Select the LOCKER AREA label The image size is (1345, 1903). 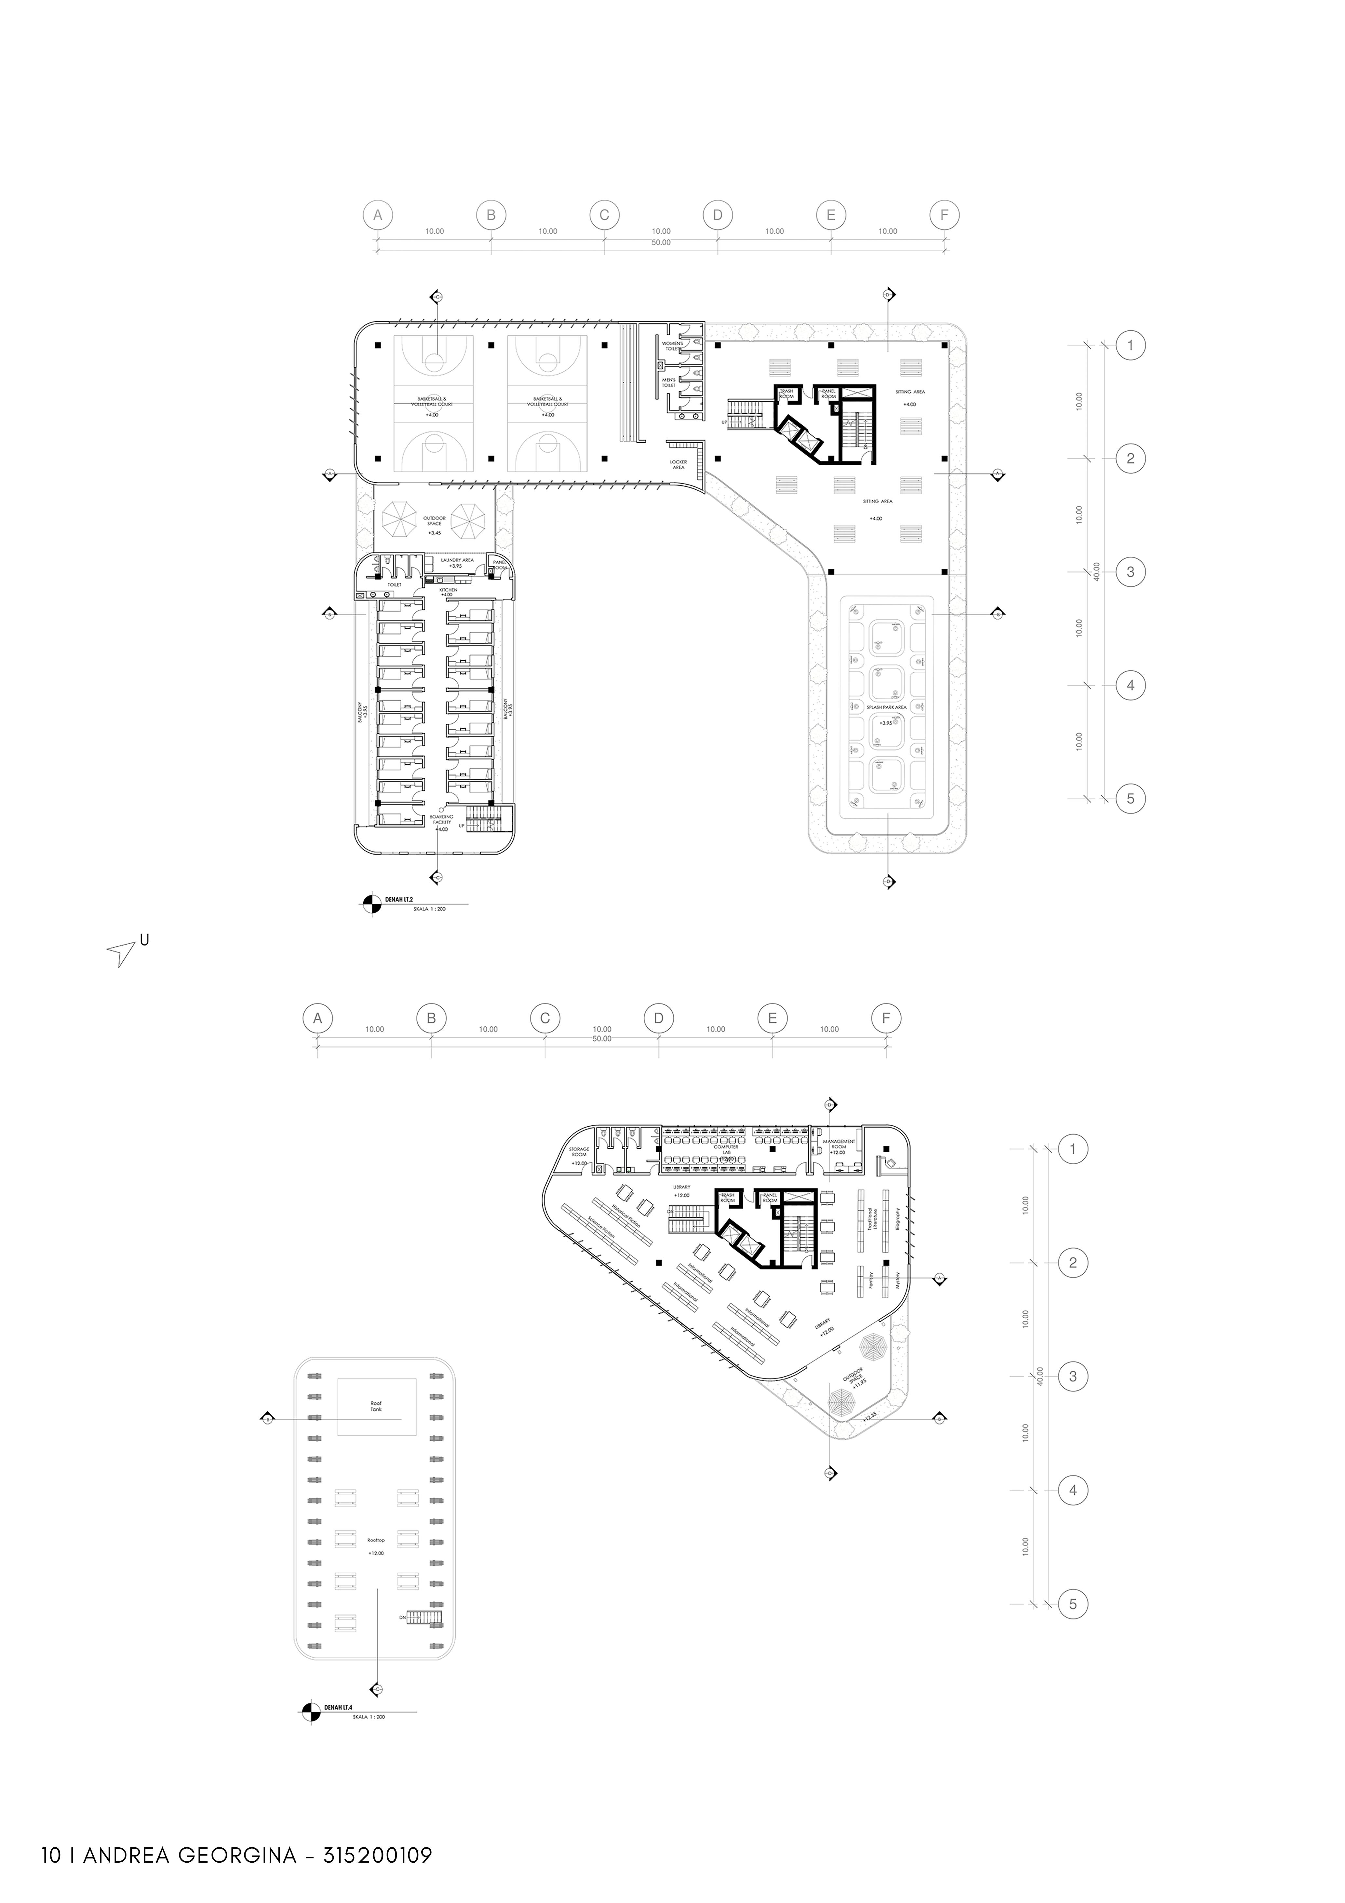pyautogui.click(x=678, y=464)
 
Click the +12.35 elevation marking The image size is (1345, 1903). pyautogui.click(x=868, y=1419)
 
